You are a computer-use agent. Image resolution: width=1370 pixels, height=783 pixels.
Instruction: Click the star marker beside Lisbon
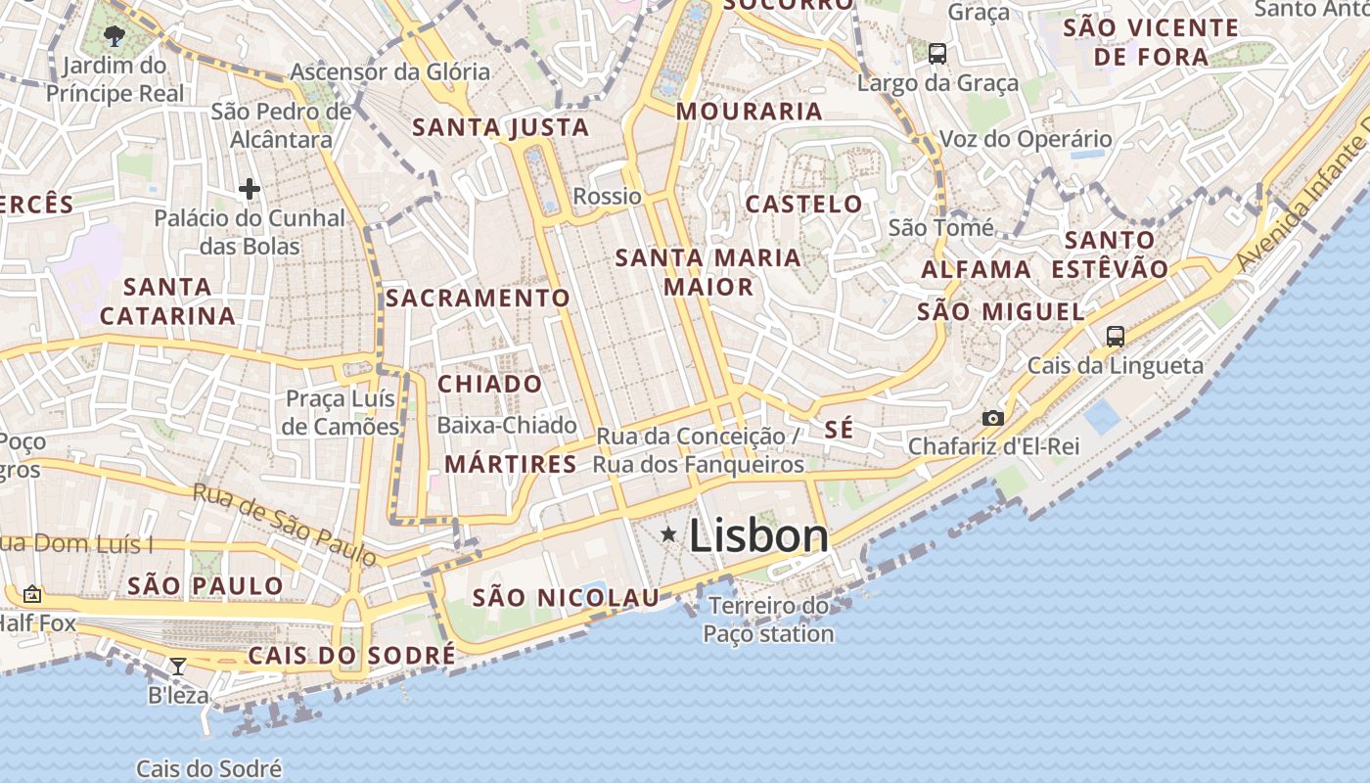(x=668, y=533)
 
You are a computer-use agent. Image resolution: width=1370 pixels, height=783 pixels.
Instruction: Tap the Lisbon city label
(x=758, y=535)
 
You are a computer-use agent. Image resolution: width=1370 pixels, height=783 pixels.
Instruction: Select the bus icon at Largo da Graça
(x=937, y=53)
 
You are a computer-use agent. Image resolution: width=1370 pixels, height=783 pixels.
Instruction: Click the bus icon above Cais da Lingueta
(x=1115, y=336)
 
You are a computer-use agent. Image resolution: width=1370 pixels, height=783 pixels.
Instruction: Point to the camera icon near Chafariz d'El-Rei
(x=993, y=418)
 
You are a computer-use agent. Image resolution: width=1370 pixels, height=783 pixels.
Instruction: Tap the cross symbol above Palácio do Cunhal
(x=249, y=188)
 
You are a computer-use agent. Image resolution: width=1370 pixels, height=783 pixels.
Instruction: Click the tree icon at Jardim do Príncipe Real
(x=114, y=37)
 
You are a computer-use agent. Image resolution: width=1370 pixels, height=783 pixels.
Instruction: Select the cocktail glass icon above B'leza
(x=178, y=667)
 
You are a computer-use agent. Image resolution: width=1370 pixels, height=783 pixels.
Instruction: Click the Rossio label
(x=607, y=196)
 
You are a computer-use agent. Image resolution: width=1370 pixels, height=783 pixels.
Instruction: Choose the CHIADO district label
(x=489, y=384)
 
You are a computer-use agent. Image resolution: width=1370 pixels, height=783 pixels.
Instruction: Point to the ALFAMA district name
(x=976, y=269)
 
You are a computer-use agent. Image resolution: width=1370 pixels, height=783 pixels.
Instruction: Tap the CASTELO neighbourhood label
(x=803, y=205)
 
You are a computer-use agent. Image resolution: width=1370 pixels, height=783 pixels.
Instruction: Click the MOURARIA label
(x=749, y=111)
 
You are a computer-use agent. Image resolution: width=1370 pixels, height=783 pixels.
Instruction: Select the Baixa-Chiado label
(x=507, y=425)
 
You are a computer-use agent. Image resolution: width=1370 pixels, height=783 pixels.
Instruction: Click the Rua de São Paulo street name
(x=284, y=525)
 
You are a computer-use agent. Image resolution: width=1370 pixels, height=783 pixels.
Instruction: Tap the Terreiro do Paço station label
(x=768, y=620)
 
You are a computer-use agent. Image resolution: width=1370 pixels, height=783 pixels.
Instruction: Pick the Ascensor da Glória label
(x=389, y=71)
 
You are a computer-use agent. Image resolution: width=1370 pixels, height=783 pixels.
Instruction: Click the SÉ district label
(x=839, y=429)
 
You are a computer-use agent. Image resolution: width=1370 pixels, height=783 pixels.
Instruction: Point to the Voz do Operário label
(x=1026, y=139)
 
